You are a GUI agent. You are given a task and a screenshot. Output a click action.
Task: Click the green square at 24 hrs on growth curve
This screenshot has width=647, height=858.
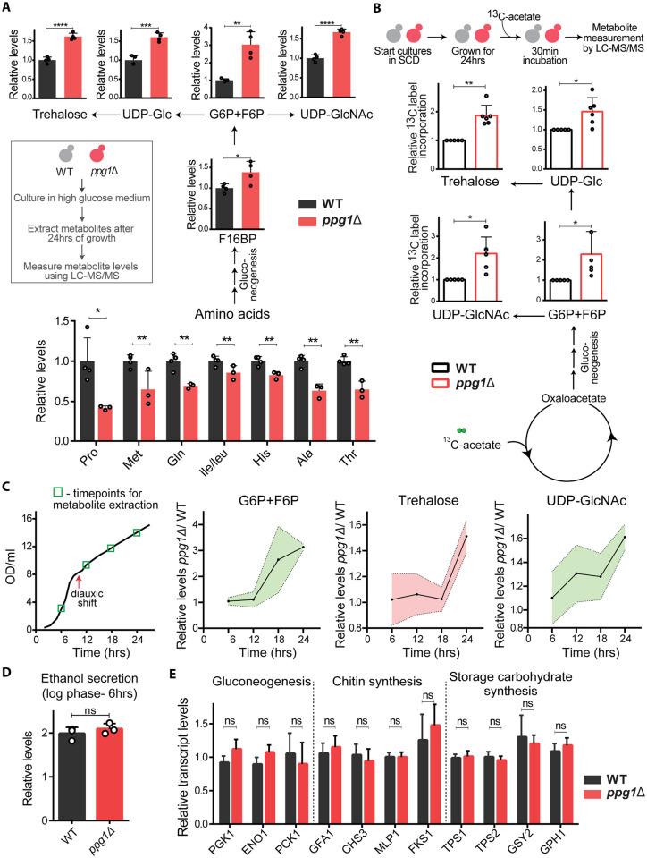(x=137, y=533)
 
